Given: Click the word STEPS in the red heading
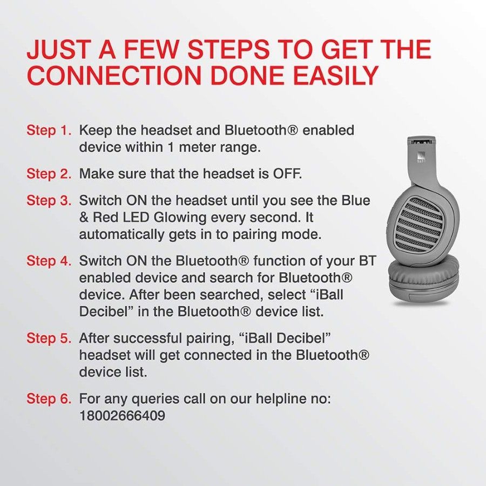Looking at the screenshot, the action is point(228,50).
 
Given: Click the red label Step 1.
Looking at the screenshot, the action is point(49,131).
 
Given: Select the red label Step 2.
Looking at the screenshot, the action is point(49,174).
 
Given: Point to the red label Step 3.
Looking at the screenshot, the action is point(49,201).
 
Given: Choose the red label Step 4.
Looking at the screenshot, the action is point(49,261).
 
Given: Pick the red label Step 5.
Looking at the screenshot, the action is point(49,338).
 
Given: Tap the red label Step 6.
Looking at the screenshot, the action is point(49,399).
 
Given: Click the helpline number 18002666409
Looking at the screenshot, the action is point(122,416).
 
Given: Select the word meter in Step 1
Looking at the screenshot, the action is point(199,147).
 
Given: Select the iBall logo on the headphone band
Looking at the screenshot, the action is point(420,158).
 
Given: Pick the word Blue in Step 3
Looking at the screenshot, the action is point(356,201).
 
